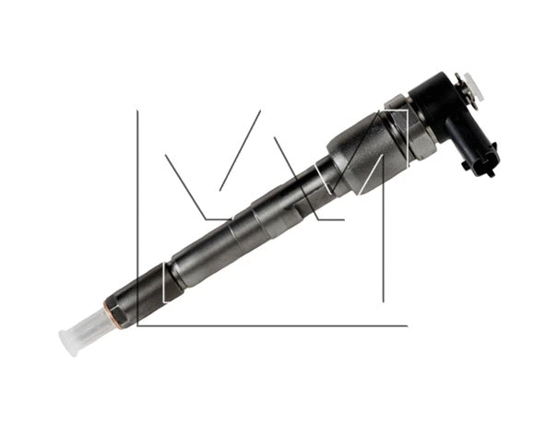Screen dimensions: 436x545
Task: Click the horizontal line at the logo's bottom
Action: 277,325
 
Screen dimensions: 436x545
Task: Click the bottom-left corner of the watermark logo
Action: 137,325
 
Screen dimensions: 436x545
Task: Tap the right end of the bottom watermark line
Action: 406,325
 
